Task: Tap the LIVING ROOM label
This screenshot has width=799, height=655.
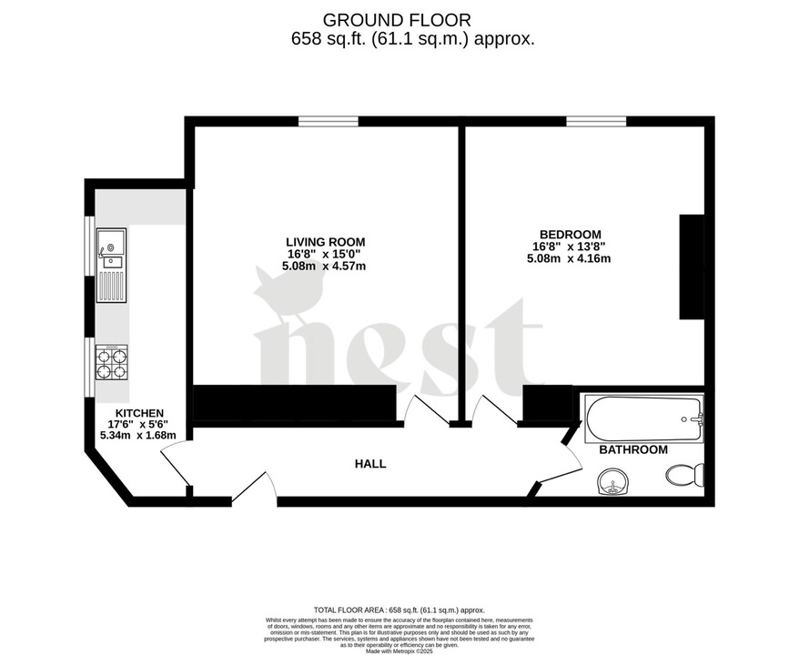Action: click(325, 241)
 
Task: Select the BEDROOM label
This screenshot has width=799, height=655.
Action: click(568, 234)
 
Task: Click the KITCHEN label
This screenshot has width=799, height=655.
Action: click(134, 413)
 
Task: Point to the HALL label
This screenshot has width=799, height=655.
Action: click(370, 464)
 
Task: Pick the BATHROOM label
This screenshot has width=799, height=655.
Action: click(633, 449)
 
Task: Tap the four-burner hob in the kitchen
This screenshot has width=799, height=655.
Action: click(111, 362)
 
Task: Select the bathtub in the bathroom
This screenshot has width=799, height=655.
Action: click(643, 418)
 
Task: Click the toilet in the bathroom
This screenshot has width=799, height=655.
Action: click(685, 474)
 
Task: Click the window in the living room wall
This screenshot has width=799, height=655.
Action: click(328, 121)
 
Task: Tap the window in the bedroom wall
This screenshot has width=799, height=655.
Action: click(596, 121)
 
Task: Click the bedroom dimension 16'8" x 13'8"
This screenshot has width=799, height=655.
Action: click(568, 246)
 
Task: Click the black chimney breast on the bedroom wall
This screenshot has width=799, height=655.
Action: click(692, 267)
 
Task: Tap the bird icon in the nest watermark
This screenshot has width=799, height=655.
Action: click(284, 296)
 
